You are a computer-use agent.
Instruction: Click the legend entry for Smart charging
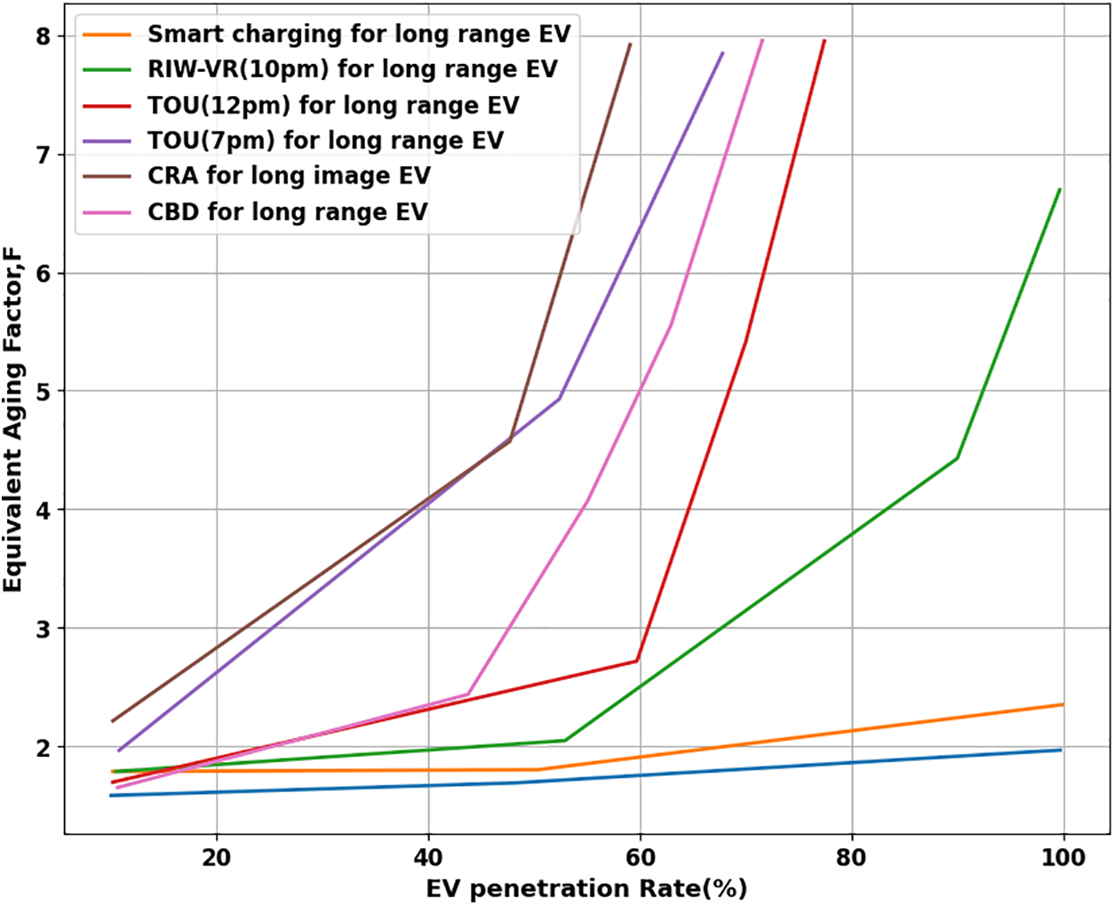click(x=358, y=35)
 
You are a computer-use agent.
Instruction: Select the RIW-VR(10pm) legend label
click(x=352, y=69)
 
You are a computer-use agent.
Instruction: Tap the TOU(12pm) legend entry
click(x=333, y=106)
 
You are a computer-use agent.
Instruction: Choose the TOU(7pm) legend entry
click(x=325, y=140)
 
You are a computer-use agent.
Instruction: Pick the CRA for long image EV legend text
click(x=289, y=176)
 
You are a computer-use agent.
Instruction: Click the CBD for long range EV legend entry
click(x=287, y=212)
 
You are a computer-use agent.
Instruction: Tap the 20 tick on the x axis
click(x=217, y=857)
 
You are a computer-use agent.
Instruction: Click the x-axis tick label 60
click(x=640, y=857)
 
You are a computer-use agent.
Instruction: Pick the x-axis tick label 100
click(x=1063, y=857)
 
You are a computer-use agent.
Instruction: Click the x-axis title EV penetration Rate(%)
click(x=586, y=888)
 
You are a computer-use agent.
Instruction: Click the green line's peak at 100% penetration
click(x=1060, y=189)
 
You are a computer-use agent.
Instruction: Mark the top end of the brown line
click(x=630, y=44)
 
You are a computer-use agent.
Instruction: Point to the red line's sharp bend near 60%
click(x=637, y=661)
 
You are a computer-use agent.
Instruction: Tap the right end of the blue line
click(x=1061, y=750)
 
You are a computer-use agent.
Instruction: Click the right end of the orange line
click(x=1063, y=704)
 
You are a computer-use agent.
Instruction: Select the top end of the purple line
click(x=723, y=53)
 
